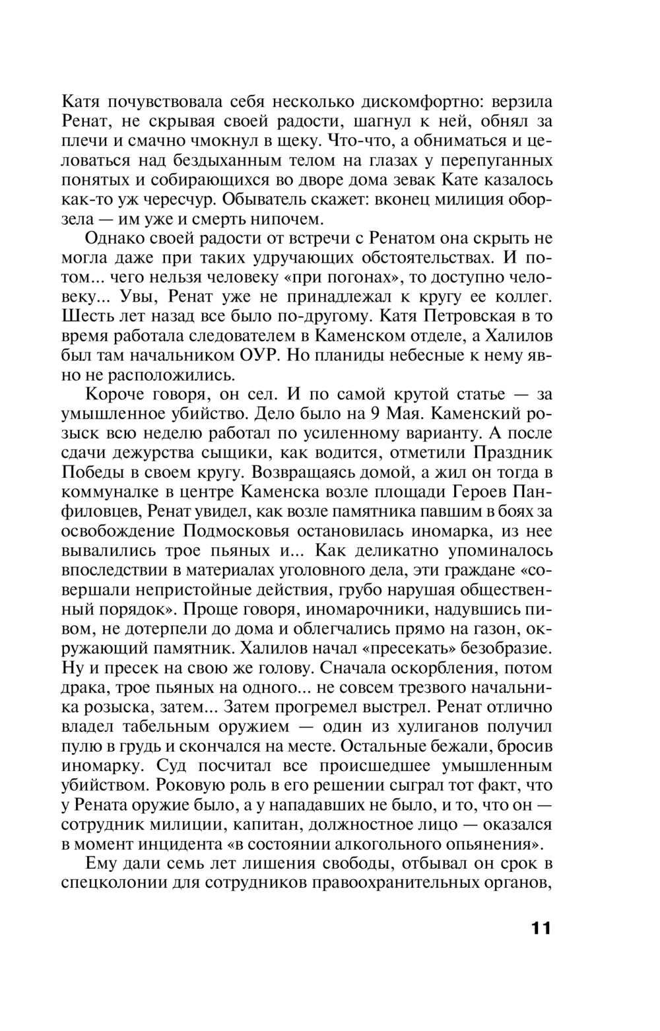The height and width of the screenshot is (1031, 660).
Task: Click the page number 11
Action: (539, 927)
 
